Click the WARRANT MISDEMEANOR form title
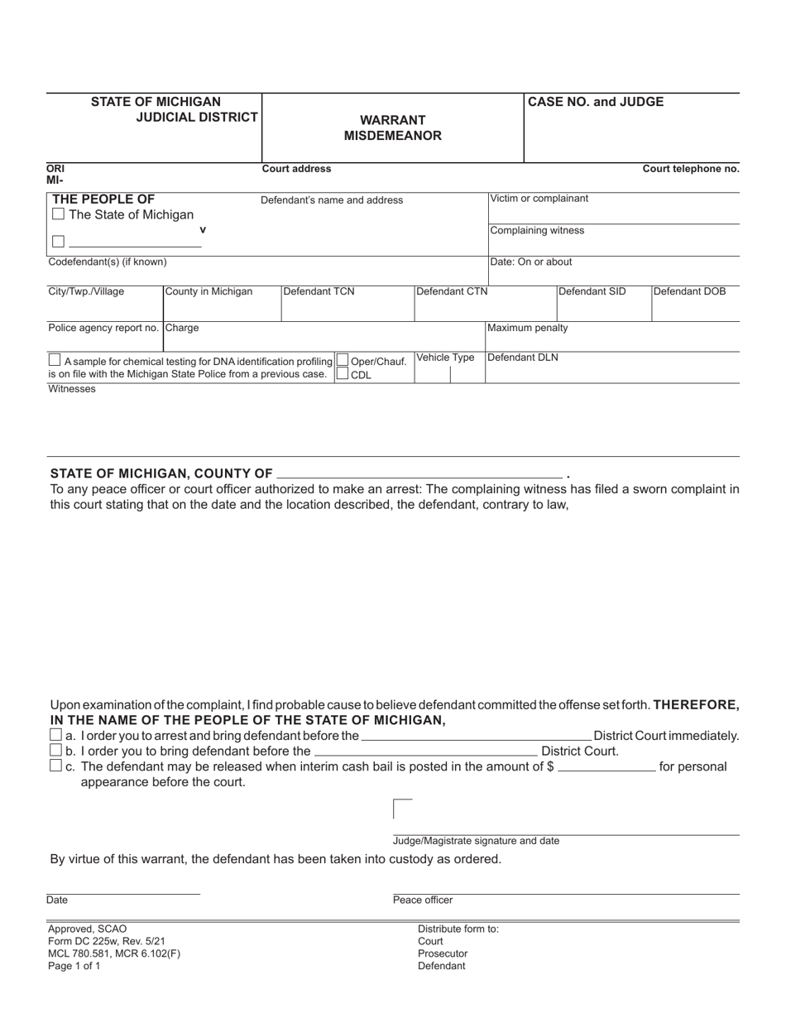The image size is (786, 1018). coord(393,127)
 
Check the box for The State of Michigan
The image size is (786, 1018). coord(58,214)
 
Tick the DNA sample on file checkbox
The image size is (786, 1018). coord(55,360)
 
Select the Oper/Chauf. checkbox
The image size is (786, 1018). coord(343,361)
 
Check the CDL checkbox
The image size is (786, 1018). coord(343,374)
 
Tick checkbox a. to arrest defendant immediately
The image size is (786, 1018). coord(56,735)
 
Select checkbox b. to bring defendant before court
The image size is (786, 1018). coord(56,751)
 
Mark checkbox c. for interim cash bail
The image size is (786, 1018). coord(56,766)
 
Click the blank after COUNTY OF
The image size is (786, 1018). coord(419,473)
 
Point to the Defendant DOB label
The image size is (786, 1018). coord(689,291)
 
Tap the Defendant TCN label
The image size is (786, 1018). coord(319,291)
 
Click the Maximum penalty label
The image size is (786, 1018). coord(528,328)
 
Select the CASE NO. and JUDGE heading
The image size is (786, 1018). coord(596,102)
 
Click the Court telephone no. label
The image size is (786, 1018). coord(691,169)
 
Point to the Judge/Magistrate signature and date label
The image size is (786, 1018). coord(476,841)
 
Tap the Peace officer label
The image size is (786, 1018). coord(423,900)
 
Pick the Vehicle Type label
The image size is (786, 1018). coord(445,358)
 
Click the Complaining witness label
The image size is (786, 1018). coord(537,230)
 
